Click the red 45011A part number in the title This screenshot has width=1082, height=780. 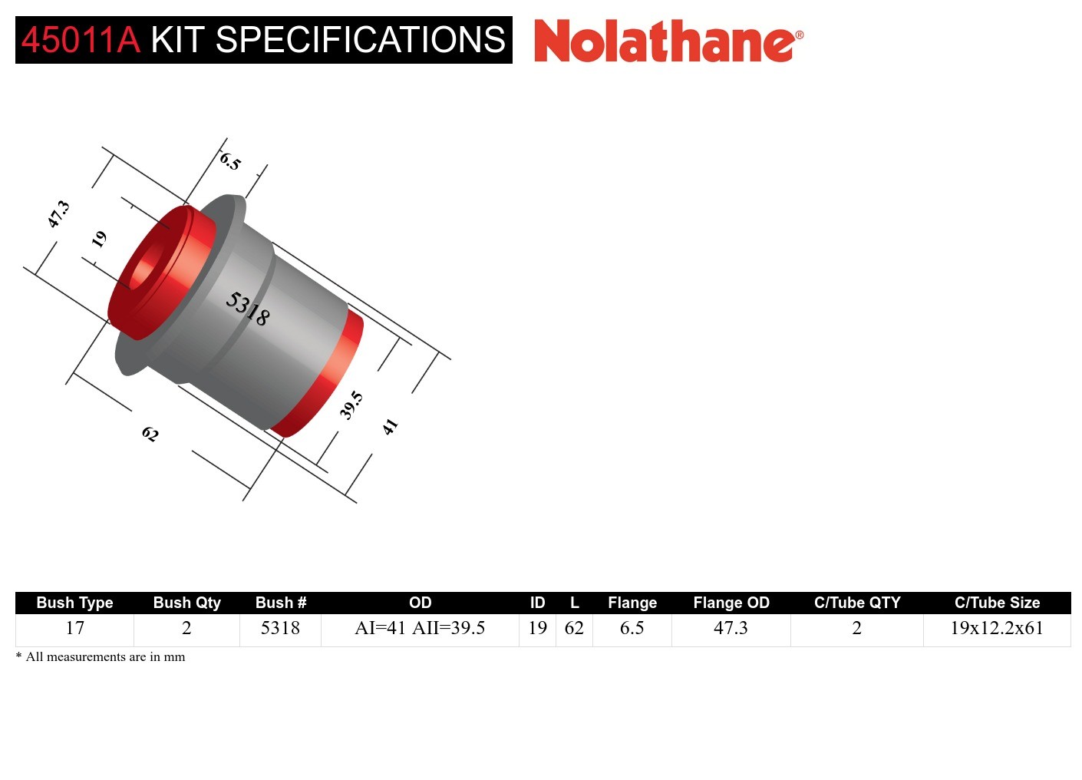point(81,40)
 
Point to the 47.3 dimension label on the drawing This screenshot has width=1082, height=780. point(58,214)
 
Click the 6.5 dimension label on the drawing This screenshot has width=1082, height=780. point(230,161)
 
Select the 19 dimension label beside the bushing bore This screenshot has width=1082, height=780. point(99,240)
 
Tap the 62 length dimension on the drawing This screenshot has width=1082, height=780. point(150,435)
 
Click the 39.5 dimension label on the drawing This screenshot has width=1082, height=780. point(351,405)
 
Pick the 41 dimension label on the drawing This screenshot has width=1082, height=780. point(391,427)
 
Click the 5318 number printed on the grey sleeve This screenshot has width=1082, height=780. point(247,309)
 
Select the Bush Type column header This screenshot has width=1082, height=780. point(74,603)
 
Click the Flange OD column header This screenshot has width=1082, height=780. point(731,603)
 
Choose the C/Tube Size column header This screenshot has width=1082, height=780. point(997,603)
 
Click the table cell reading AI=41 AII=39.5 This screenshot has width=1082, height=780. point(420,628)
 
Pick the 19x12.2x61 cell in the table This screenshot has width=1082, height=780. point(997,628)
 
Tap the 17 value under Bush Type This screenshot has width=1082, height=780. point(74,628)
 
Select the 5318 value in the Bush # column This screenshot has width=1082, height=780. point(280,628)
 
